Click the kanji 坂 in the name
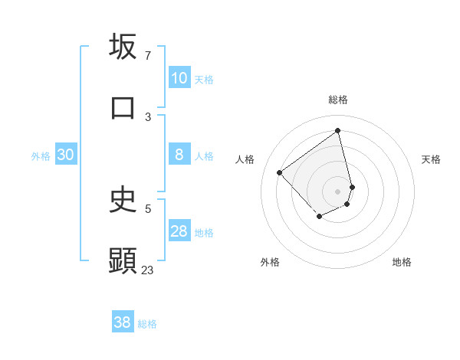[x=123, y=47]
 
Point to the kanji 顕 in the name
[x=123, y=260]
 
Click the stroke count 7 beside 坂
[x=147, y=55]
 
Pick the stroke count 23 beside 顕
[x=147, y=270]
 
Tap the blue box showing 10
[x=179, y=78]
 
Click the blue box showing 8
[x=179, y=155]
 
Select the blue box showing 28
[x=179, y=231]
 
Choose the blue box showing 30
[x=66, y=155]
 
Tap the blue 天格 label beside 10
[x=204, y=79]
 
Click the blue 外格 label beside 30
[x=41, y=155]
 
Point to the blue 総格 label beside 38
[x=147, y=324]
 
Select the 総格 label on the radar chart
[x=338, y=100]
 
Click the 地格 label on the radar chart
[x=402, y=262]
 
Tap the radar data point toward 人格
[x=280, y=172]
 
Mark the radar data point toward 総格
[x=338, y=130]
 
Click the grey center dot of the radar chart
[x=338, y=191]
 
